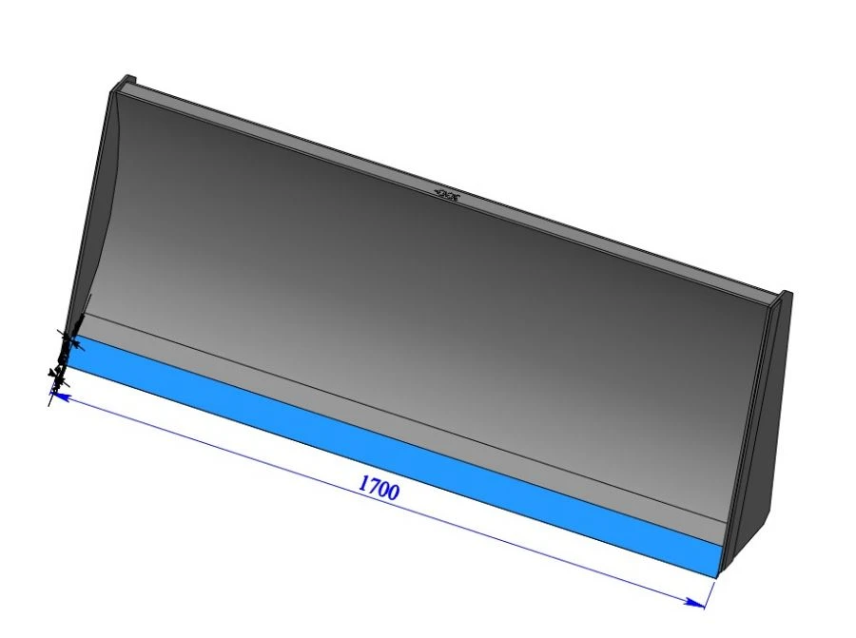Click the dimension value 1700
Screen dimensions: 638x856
pyautogui.click(x=379, y=487)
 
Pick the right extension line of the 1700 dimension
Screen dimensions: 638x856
pyautogui.click(x=712, y=590)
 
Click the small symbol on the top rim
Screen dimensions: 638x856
pyautogui.click(x=446, y=196)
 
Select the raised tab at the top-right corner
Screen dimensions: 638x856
pyautogui.click(x=786, y=297)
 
